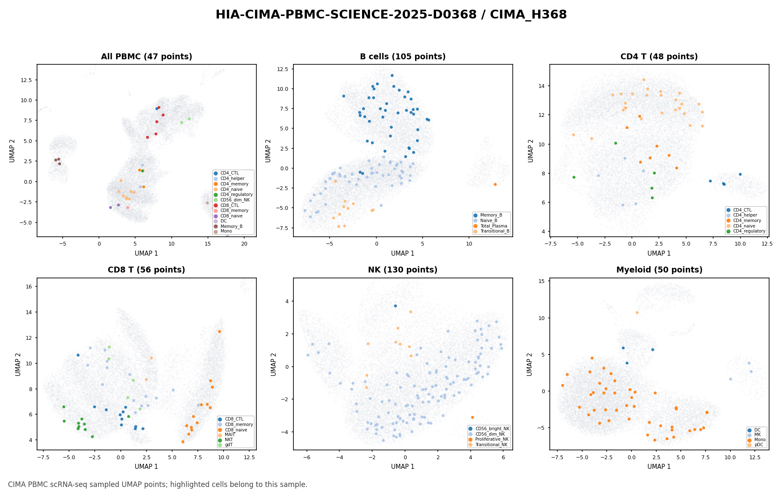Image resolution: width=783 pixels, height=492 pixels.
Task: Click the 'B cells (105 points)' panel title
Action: pos(403,57)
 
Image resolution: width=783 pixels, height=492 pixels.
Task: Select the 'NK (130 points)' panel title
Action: pos(403,270)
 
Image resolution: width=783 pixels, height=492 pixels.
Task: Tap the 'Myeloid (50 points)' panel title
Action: pos(659,270)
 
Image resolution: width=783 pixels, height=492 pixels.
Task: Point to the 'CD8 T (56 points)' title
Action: pos(146,270)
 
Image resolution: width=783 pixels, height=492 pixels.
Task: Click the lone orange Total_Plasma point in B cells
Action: pos(495,184)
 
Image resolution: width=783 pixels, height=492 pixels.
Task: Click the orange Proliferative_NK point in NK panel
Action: pos(472,417)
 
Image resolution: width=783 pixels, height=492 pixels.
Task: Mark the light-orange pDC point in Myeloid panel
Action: pos(637,312)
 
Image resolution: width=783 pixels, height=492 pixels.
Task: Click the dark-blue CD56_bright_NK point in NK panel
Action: pos(395,306)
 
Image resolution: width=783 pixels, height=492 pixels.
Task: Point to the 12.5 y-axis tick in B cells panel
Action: pos(284,69)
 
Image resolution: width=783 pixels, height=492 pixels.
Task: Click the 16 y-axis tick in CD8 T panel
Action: pos(30,286)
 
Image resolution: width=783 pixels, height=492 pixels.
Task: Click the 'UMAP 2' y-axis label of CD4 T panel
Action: pos(530,151)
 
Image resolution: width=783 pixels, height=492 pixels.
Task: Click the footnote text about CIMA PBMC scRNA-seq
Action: pos(158,484)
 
